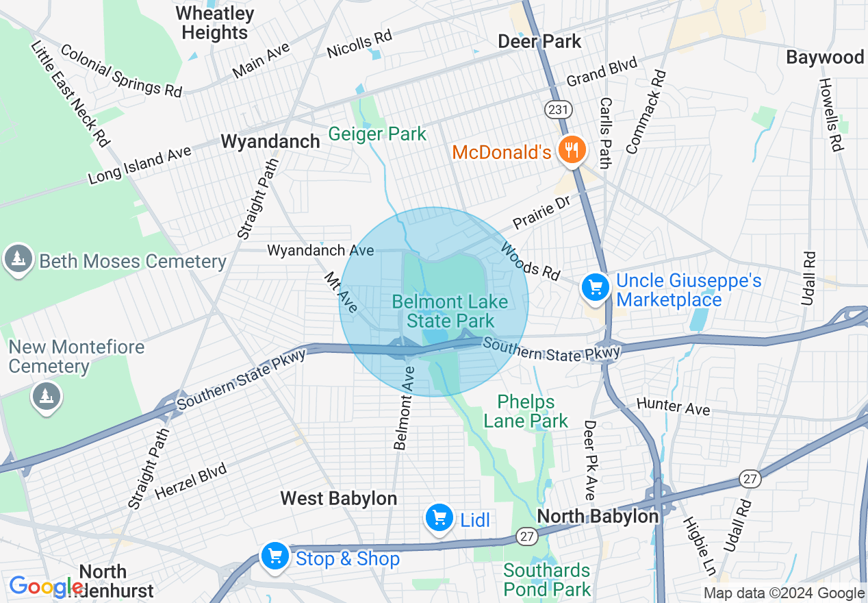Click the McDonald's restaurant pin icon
[570, 149]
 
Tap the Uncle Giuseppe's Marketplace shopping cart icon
[596, 287]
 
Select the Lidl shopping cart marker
[439, 519]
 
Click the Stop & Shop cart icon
[275, 556]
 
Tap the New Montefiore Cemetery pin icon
[46, 396]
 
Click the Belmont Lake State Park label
[450, 312]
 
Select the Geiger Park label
[377, 134]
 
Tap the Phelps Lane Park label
[526, 411]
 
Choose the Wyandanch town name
[270, 142]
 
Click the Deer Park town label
[539, 41]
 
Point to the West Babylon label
[339, 498]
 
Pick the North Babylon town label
[598, 516]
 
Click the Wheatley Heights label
[215, 23]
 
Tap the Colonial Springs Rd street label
[121, 71]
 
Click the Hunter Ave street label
[674, 406]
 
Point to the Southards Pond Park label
[546, 580]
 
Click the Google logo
[46, 586]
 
